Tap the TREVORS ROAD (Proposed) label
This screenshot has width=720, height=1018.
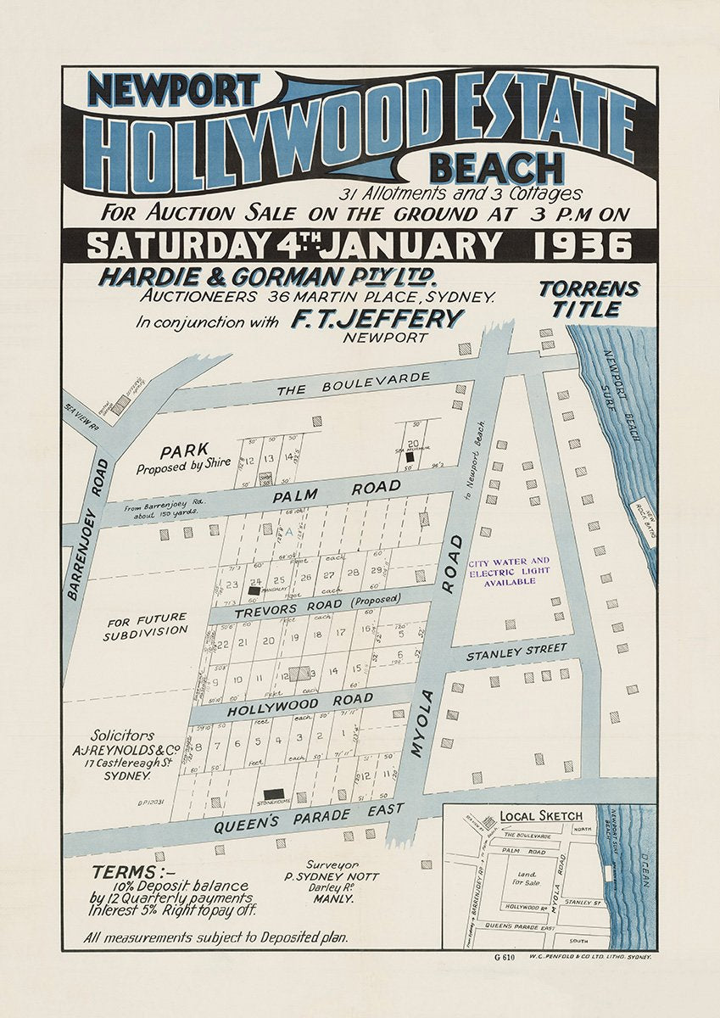click(321, 603)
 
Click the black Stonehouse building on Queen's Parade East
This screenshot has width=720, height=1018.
click(273, 793)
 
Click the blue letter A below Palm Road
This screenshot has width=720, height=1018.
click(289, 531)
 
